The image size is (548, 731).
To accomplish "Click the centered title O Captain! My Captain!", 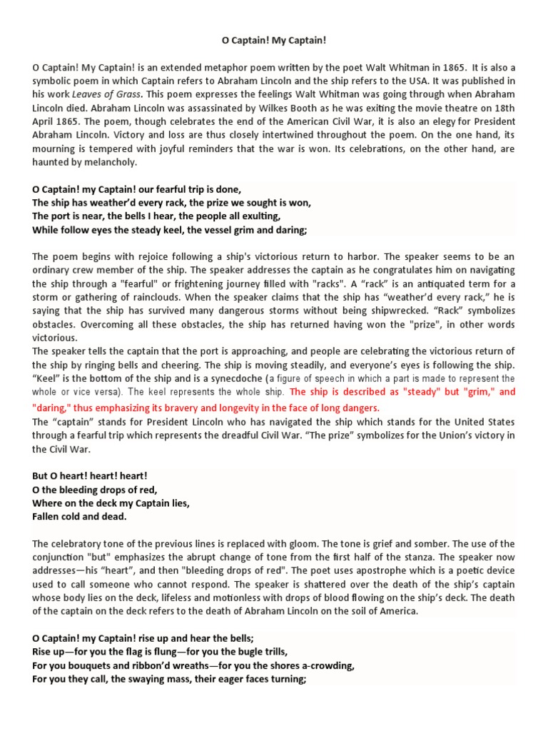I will pos(274,41).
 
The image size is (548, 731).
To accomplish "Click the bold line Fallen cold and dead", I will pos(79,516).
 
